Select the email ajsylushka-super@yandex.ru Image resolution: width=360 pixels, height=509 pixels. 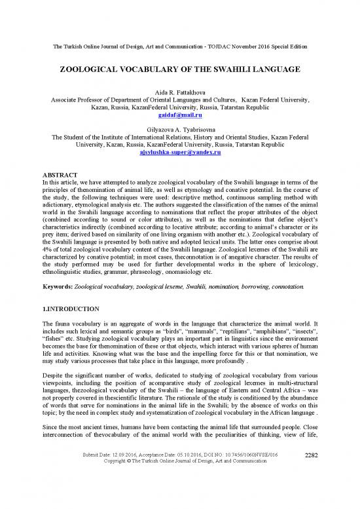pos(180,151)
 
